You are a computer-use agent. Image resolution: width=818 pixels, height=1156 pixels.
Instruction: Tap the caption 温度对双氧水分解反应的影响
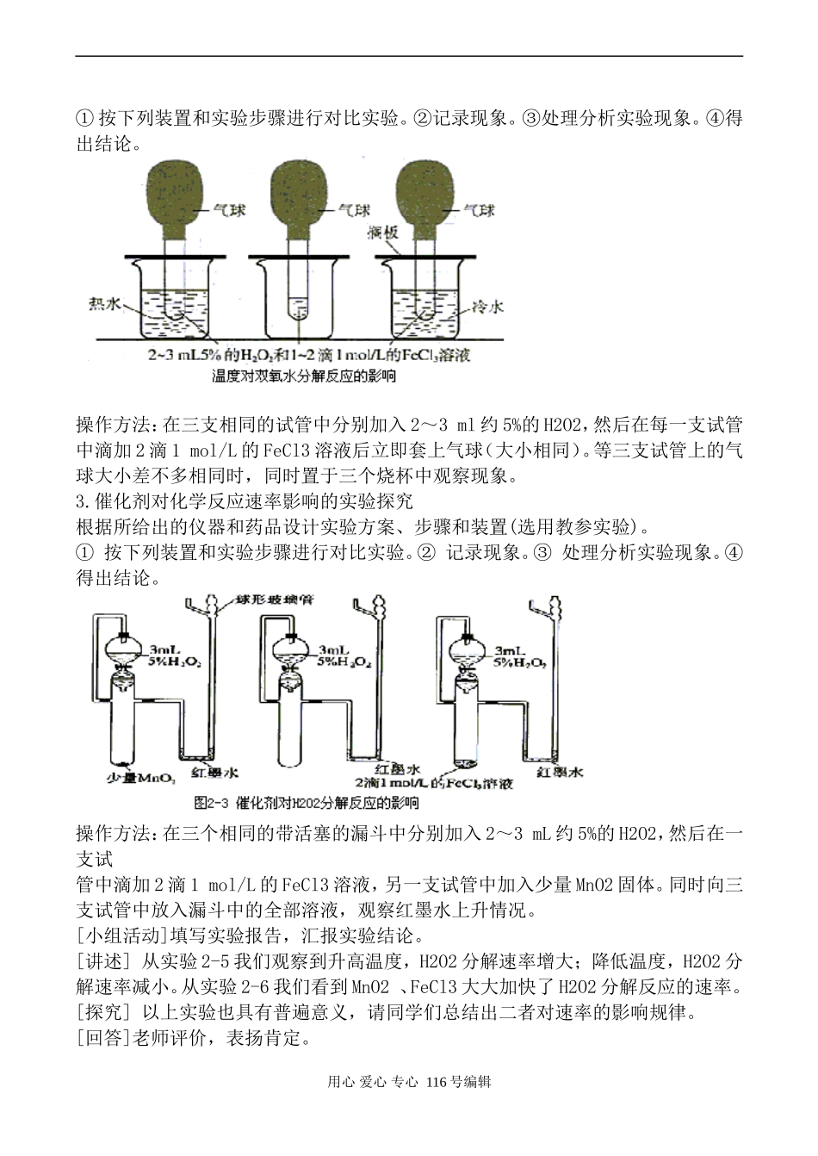303,376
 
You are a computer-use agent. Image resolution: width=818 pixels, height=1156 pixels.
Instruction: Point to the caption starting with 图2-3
307,803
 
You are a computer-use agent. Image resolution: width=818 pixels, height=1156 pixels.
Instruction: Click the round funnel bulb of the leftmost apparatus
125,647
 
